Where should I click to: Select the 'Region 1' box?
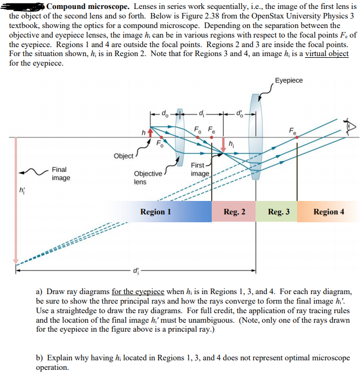coord(156,212)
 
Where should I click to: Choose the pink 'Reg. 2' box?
coord(234,212)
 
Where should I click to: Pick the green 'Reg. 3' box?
coord(278,212)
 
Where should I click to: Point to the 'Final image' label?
coord(61,173)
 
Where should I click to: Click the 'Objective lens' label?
coord(148,178)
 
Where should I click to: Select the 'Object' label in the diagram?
coord(124,155)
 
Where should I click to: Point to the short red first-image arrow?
coord(224,144)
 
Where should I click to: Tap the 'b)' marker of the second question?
coord(39,358)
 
